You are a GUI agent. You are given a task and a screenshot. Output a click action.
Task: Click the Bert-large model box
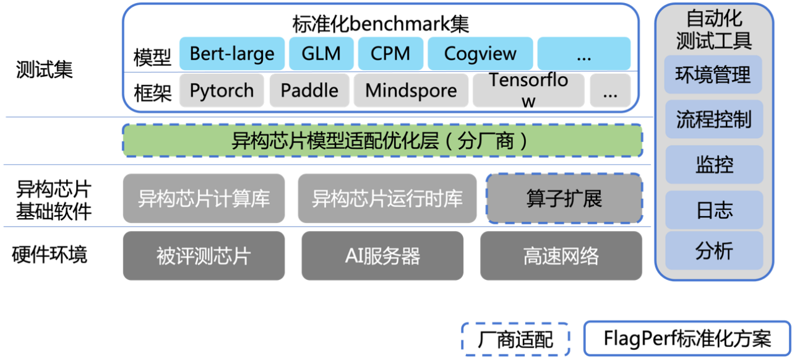(232, 53)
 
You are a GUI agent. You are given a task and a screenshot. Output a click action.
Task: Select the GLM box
(321, 53)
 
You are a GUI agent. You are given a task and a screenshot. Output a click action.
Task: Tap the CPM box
(390, 53)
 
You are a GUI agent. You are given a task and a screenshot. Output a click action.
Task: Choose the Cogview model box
(480, 53)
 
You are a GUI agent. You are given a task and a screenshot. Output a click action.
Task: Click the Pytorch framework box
(222, 90)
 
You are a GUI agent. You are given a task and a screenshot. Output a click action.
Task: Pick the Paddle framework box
(309, 90)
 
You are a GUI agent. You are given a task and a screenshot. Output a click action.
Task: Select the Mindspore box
(411, 90)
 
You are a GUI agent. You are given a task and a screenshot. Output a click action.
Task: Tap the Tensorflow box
(528, 90)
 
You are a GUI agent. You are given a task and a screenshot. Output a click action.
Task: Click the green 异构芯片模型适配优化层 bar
(382, 141)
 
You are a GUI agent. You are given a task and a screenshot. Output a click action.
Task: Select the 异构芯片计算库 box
(204, 198)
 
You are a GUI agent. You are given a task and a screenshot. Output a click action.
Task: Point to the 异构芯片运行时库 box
(387, 198)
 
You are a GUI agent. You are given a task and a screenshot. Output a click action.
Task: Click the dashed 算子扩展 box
(564, 198)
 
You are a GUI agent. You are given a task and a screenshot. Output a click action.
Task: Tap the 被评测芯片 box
(204, 255)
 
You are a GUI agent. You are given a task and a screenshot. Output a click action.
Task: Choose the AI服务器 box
(382, 255)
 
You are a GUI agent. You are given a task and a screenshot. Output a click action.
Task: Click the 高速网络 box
(561, 255)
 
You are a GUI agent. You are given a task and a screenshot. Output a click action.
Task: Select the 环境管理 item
(713, 75)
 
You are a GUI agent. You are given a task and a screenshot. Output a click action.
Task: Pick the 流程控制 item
(713, 119)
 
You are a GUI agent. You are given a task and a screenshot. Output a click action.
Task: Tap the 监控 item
(713, 165)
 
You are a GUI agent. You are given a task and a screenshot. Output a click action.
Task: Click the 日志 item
(713, 210)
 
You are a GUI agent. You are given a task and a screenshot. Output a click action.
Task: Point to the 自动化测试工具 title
(713, 29)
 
